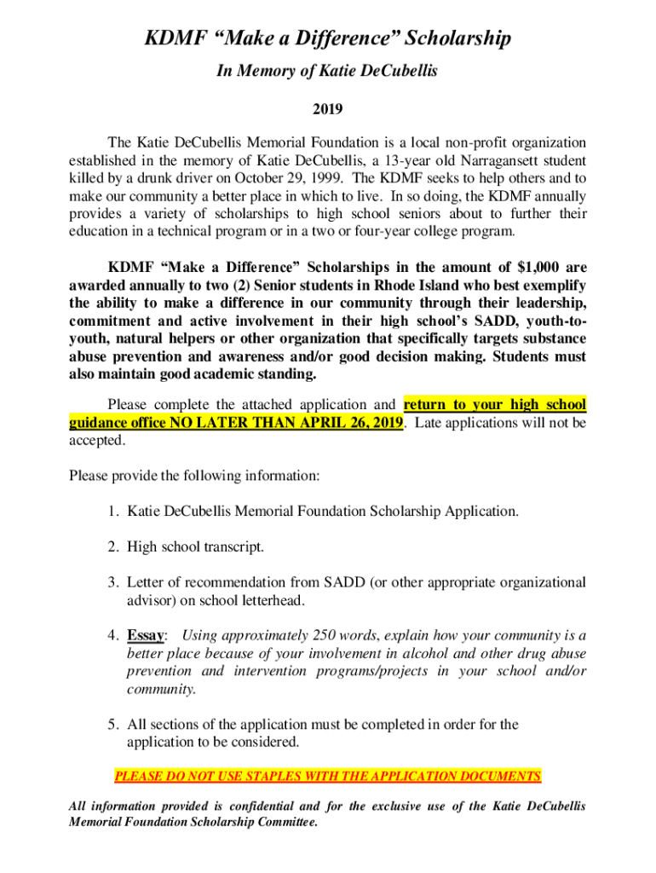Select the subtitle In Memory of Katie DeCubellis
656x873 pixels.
click(x=327, y=72)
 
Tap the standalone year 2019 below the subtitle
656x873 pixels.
click(x=327, y=108)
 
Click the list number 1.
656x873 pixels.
click(x=112, y=512)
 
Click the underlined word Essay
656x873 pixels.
click(x=146, y=635)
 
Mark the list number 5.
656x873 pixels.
click(x=112, y=725)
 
